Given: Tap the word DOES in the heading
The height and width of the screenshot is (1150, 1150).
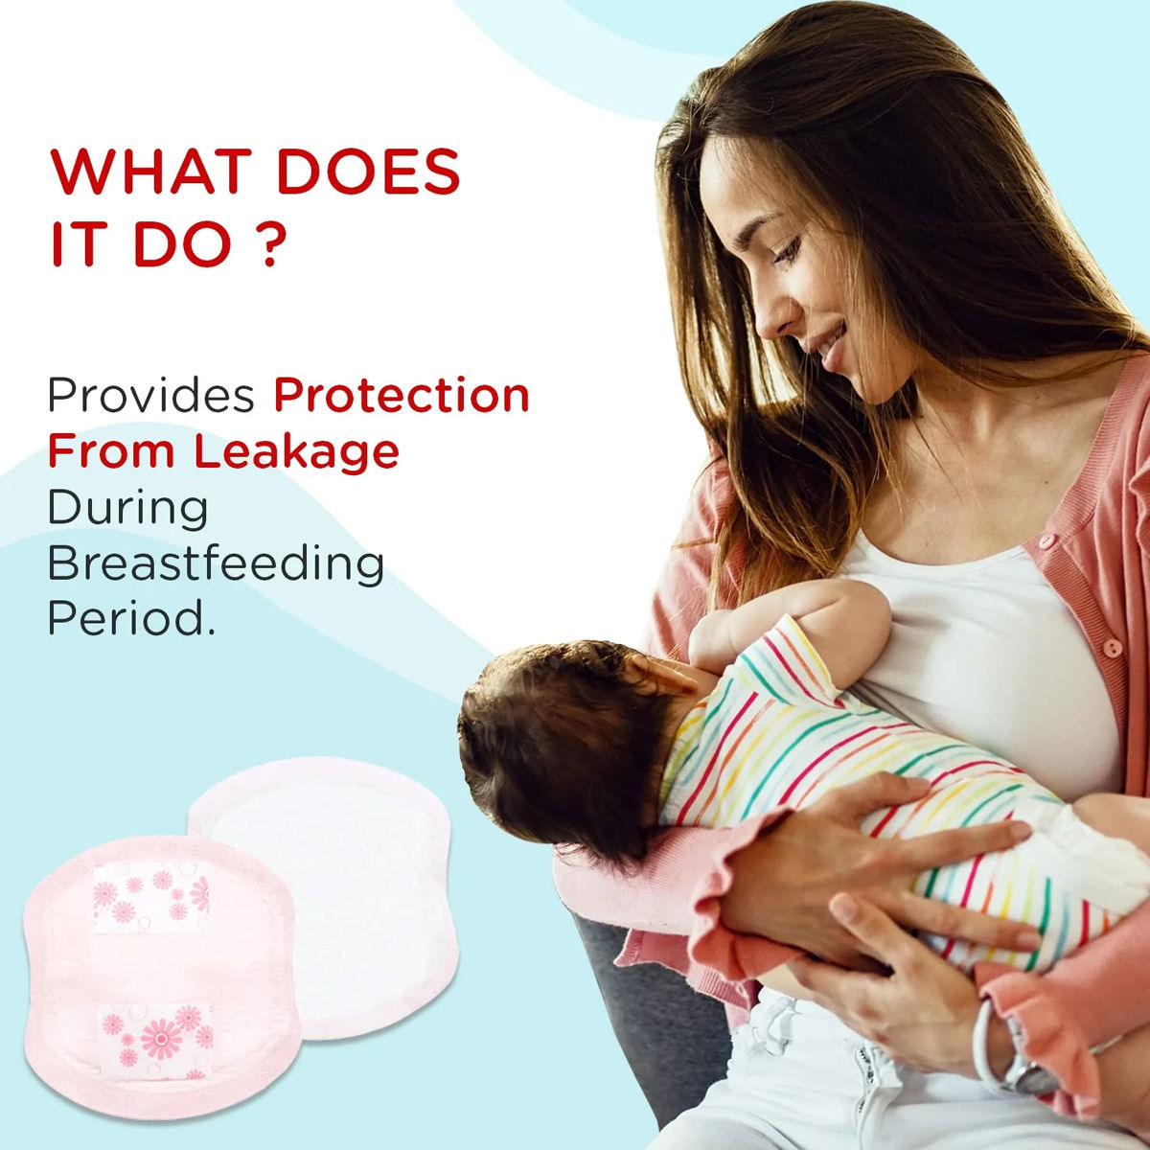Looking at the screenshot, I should point(369,172).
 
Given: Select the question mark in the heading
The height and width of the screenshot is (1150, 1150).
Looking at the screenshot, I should point(272,245).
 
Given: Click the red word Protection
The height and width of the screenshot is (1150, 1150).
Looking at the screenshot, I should point(402,395).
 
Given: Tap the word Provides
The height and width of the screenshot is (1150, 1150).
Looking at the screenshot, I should point(151,395).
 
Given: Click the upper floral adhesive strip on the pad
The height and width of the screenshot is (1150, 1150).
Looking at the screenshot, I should point(150,896).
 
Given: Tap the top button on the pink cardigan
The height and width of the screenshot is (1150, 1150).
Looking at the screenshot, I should point(1047,541).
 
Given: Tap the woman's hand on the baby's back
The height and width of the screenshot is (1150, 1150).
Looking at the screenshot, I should point(910,824).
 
